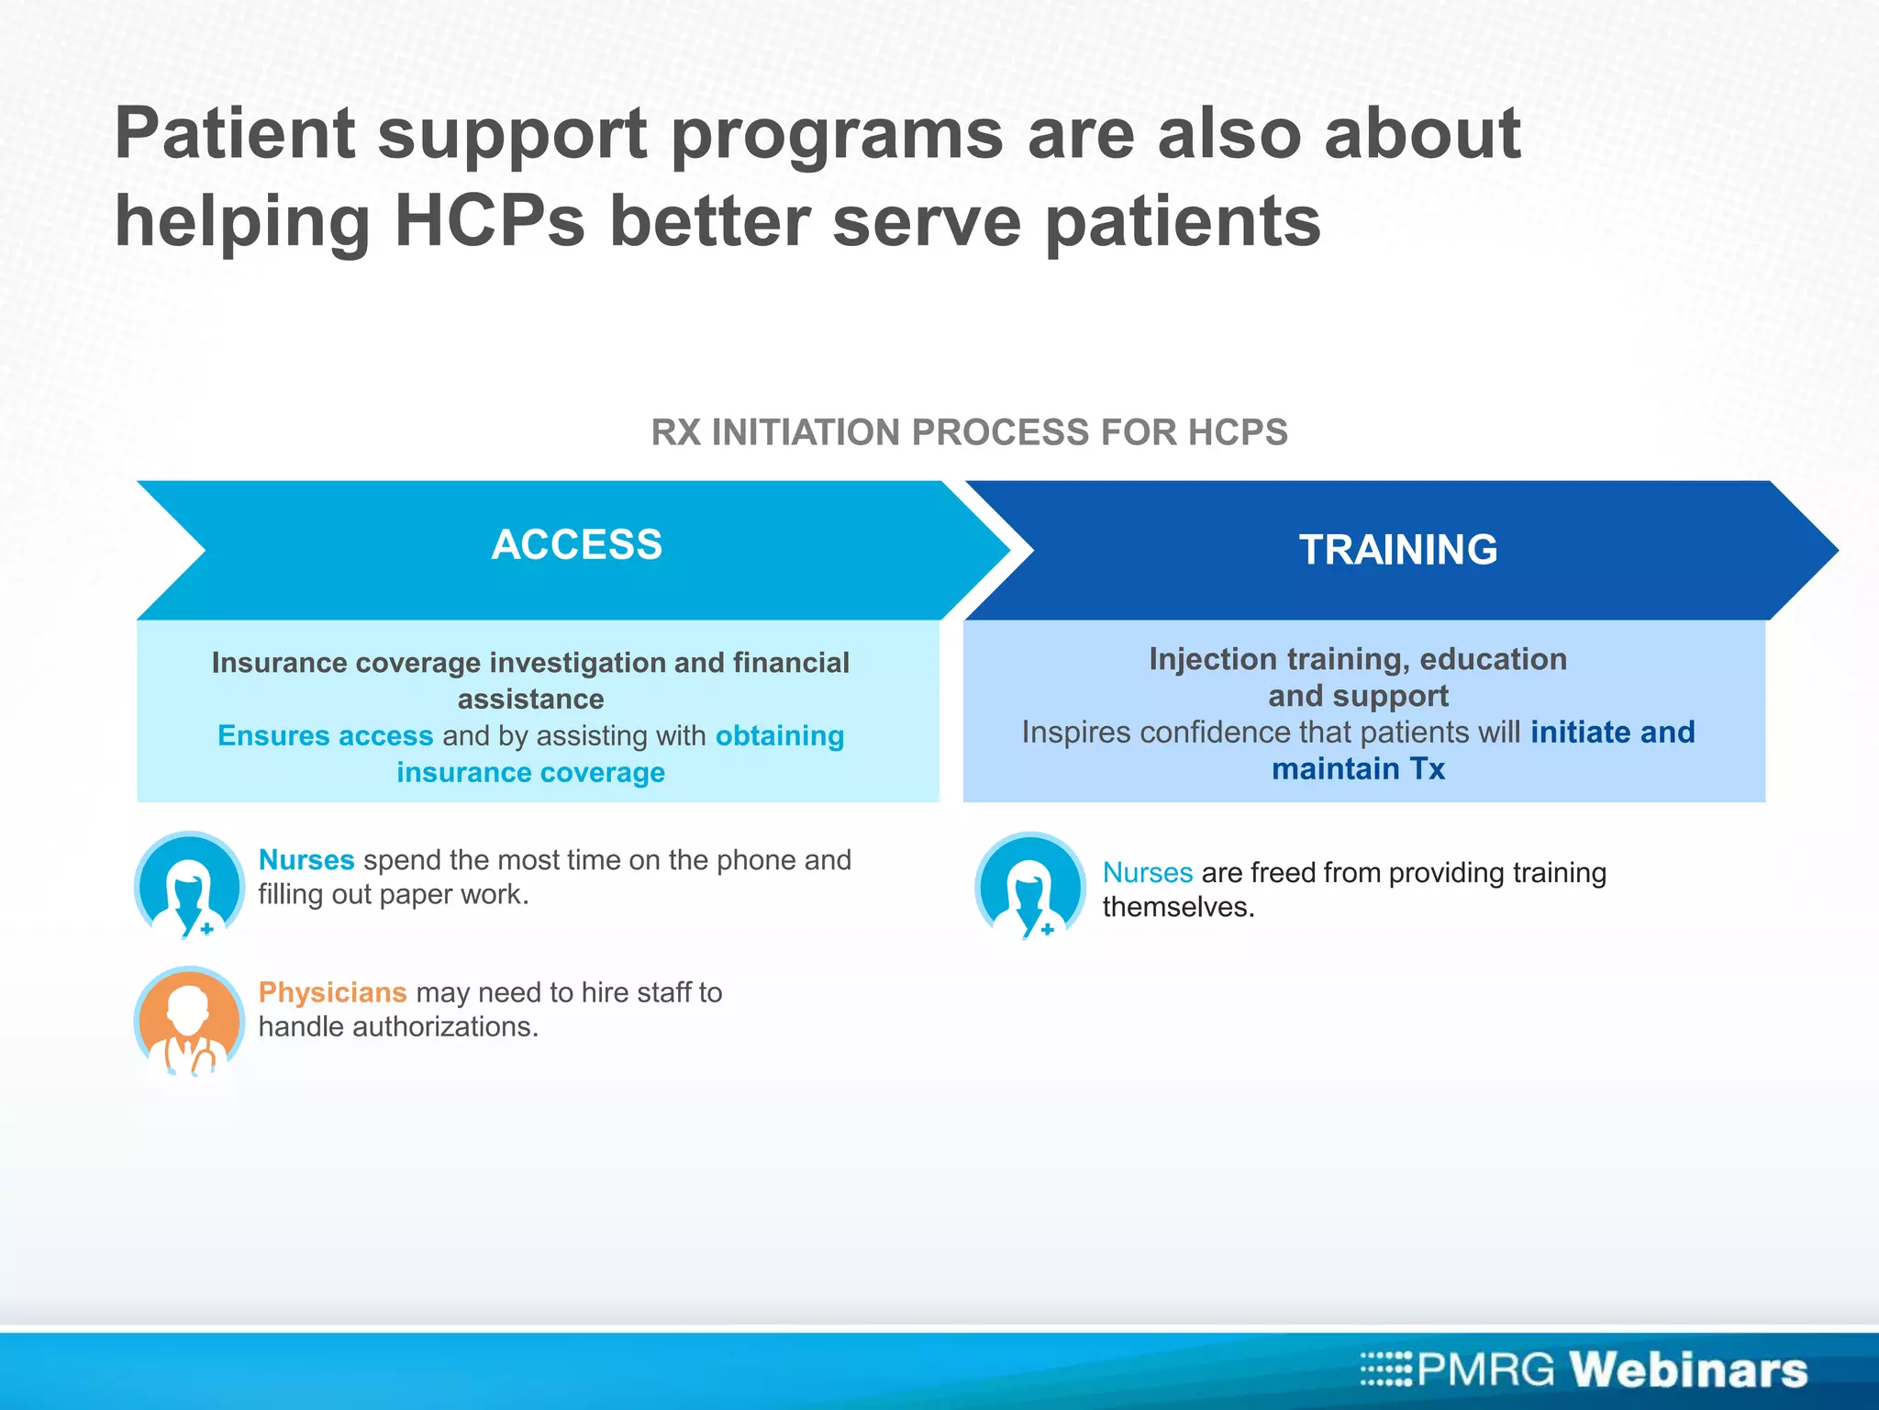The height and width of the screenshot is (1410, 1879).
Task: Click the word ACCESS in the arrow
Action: (576, 544)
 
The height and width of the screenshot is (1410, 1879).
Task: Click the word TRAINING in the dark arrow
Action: (1397, 550)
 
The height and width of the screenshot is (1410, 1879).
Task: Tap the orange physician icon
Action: (189, 1021)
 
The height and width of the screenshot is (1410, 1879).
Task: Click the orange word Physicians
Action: (332, 992)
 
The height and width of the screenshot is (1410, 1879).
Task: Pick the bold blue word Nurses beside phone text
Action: (306, 860)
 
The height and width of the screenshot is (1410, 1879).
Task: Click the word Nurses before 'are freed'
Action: (1147, 872)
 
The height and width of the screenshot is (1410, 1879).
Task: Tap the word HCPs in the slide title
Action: (489, 221)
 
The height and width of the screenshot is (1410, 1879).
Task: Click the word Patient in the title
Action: (234, 133)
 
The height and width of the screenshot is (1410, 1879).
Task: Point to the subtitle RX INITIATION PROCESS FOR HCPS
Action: (969, 432)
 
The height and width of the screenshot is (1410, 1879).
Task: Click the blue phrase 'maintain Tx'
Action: (1358, 768)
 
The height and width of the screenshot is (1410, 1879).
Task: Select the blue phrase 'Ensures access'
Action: (325, 735)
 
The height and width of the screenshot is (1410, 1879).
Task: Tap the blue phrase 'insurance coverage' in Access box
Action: (530, 772)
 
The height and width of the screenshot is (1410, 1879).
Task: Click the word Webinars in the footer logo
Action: (1687, 1370)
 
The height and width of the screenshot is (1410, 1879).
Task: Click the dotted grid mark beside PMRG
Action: (1385, 1369)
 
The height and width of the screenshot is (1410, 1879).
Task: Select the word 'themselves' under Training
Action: (1177, 907)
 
